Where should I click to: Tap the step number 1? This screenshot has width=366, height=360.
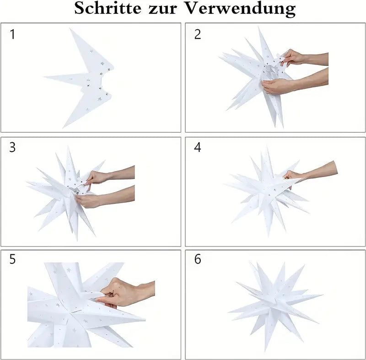(12, 34)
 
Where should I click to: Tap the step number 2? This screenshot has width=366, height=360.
(198, 34)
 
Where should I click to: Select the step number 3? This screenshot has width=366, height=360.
(12, 147)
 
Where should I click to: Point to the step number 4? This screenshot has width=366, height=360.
(198, 147)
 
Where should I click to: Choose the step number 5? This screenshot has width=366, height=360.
(12, 259)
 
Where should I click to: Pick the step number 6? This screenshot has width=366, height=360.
(198, 259)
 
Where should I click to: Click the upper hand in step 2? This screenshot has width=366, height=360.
(293, 58)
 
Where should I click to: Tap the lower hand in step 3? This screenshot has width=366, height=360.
(89, 200)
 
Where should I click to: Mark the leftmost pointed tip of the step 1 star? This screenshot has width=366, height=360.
(45, 77)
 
